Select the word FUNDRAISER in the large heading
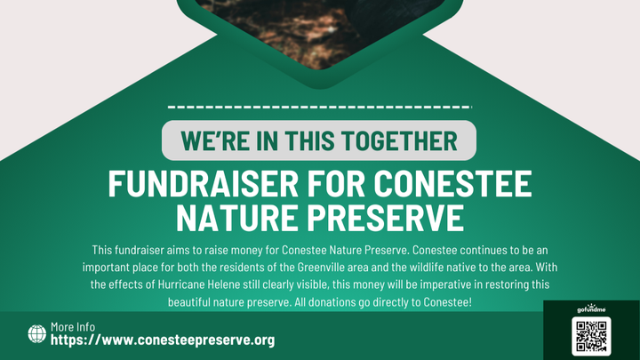(204, 184)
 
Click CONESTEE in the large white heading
(453, 184)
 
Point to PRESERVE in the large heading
(386, 218)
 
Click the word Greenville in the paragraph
(321, 268)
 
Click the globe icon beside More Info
(37, 334)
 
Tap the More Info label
(73, 327)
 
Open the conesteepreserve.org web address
(163, 340)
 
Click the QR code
(591, 336)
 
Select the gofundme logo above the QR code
(591, 308)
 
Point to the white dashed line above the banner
(320, 108)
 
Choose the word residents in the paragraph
(243, 268)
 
